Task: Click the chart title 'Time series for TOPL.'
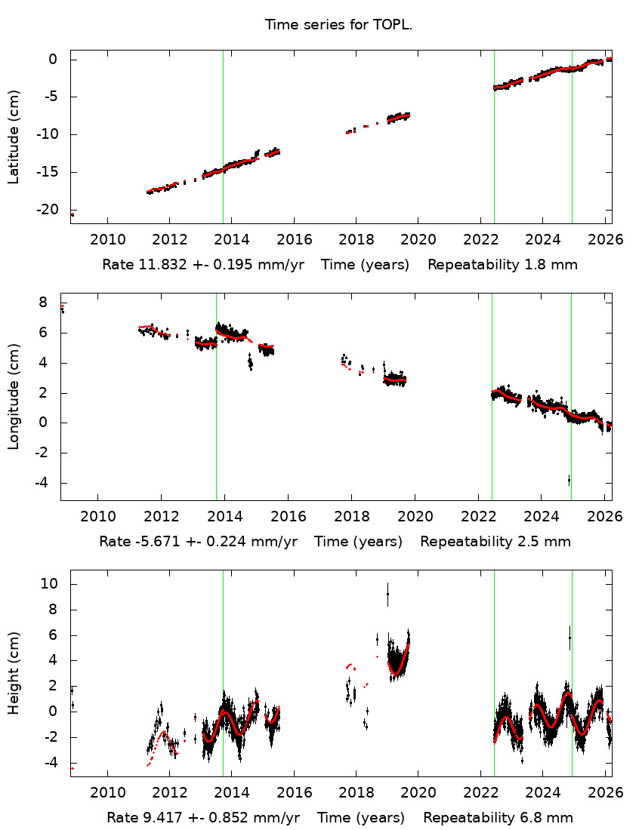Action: [x=338, y=25]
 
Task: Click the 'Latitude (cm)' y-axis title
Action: [x=14, y=137]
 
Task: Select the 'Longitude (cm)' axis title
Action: [x=14, y=397]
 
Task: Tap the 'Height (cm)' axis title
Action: [x=14, y=673]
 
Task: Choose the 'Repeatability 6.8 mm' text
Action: [x=498, y=817]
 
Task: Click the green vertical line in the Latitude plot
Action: [x=494, y=136]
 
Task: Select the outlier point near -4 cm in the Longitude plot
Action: [x=569, y=480]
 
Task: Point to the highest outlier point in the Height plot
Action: [x=387, y=594]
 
